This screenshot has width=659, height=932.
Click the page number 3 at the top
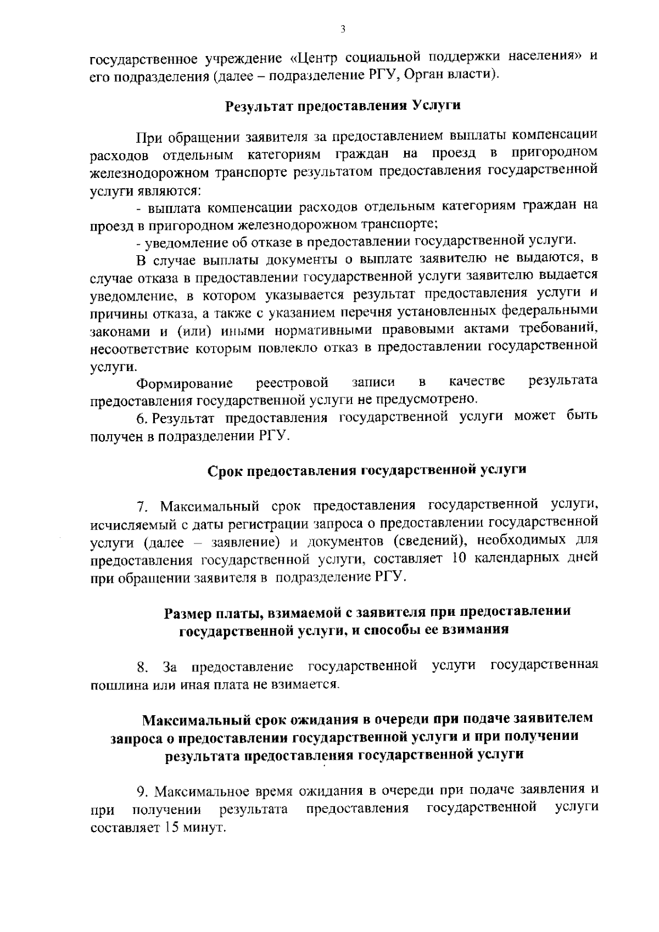342,29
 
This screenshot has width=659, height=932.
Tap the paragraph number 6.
141,419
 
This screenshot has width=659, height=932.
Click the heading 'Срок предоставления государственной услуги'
367,470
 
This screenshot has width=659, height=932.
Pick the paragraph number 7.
141,506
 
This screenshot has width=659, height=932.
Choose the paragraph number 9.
141,791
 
